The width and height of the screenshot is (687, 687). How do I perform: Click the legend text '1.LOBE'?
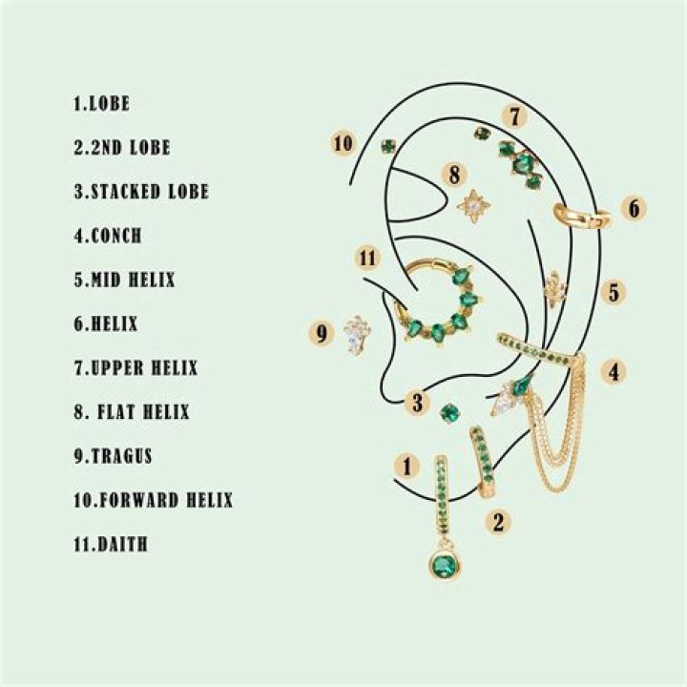click(100, 103)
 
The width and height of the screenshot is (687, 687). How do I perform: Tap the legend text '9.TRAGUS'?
click(112, 456)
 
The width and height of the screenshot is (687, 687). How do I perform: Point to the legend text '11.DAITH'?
click(110, 545)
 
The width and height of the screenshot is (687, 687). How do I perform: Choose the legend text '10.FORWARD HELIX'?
click(153, 500)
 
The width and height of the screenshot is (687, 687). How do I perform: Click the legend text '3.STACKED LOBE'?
click(140, 192)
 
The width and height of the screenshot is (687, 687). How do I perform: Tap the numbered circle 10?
click(343, 143)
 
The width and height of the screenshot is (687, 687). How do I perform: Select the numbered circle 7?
click(514, 117)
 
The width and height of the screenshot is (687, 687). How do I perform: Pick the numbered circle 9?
click(322, 333)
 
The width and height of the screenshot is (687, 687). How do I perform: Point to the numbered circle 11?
click(368, 258)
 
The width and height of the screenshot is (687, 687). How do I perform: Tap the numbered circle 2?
click(496, 521)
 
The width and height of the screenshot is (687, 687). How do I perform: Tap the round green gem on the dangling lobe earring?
click(442, 566)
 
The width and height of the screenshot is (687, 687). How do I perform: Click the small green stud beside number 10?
click(388, 146)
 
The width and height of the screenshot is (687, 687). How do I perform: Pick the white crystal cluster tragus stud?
click(357, 335)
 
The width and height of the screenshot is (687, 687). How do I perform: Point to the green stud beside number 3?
click(449, 412)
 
